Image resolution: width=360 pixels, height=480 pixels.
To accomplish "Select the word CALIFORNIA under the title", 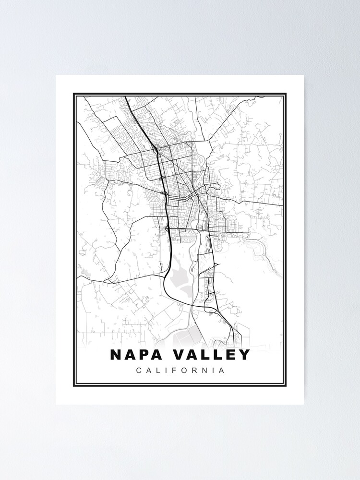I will pos(180,371).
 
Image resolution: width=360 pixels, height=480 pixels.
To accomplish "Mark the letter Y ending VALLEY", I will pos(244,355).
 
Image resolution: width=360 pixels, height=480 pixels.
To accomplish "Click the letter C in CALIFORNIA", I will pos(139,371).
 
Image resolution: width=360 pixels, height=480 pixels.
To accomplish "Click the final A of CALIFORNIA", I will pos(221,371).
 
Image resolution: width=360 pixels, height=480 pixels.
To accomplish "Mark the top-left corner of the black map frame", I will pos(74,94).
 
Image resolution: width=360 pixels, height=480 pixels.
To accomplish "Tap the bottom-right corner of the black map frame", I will pos(286,386).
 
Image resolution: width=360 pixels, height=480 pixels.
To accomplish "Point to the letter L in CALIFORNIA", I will pos(158,371).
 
